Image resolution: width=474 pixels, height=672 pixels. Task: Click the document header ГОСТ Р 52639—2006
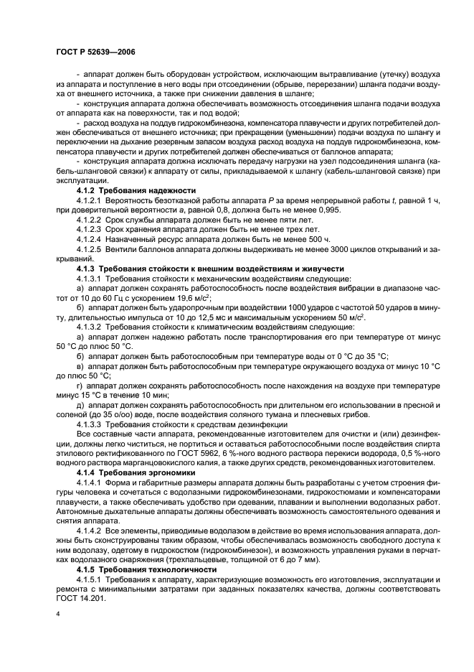tap(95, 52)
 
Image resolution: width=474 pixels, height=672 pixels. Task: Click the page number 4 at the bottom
tap(58, 615)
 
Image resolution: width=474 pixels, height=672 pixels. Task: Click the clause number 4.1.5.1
tap(89, 579)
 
